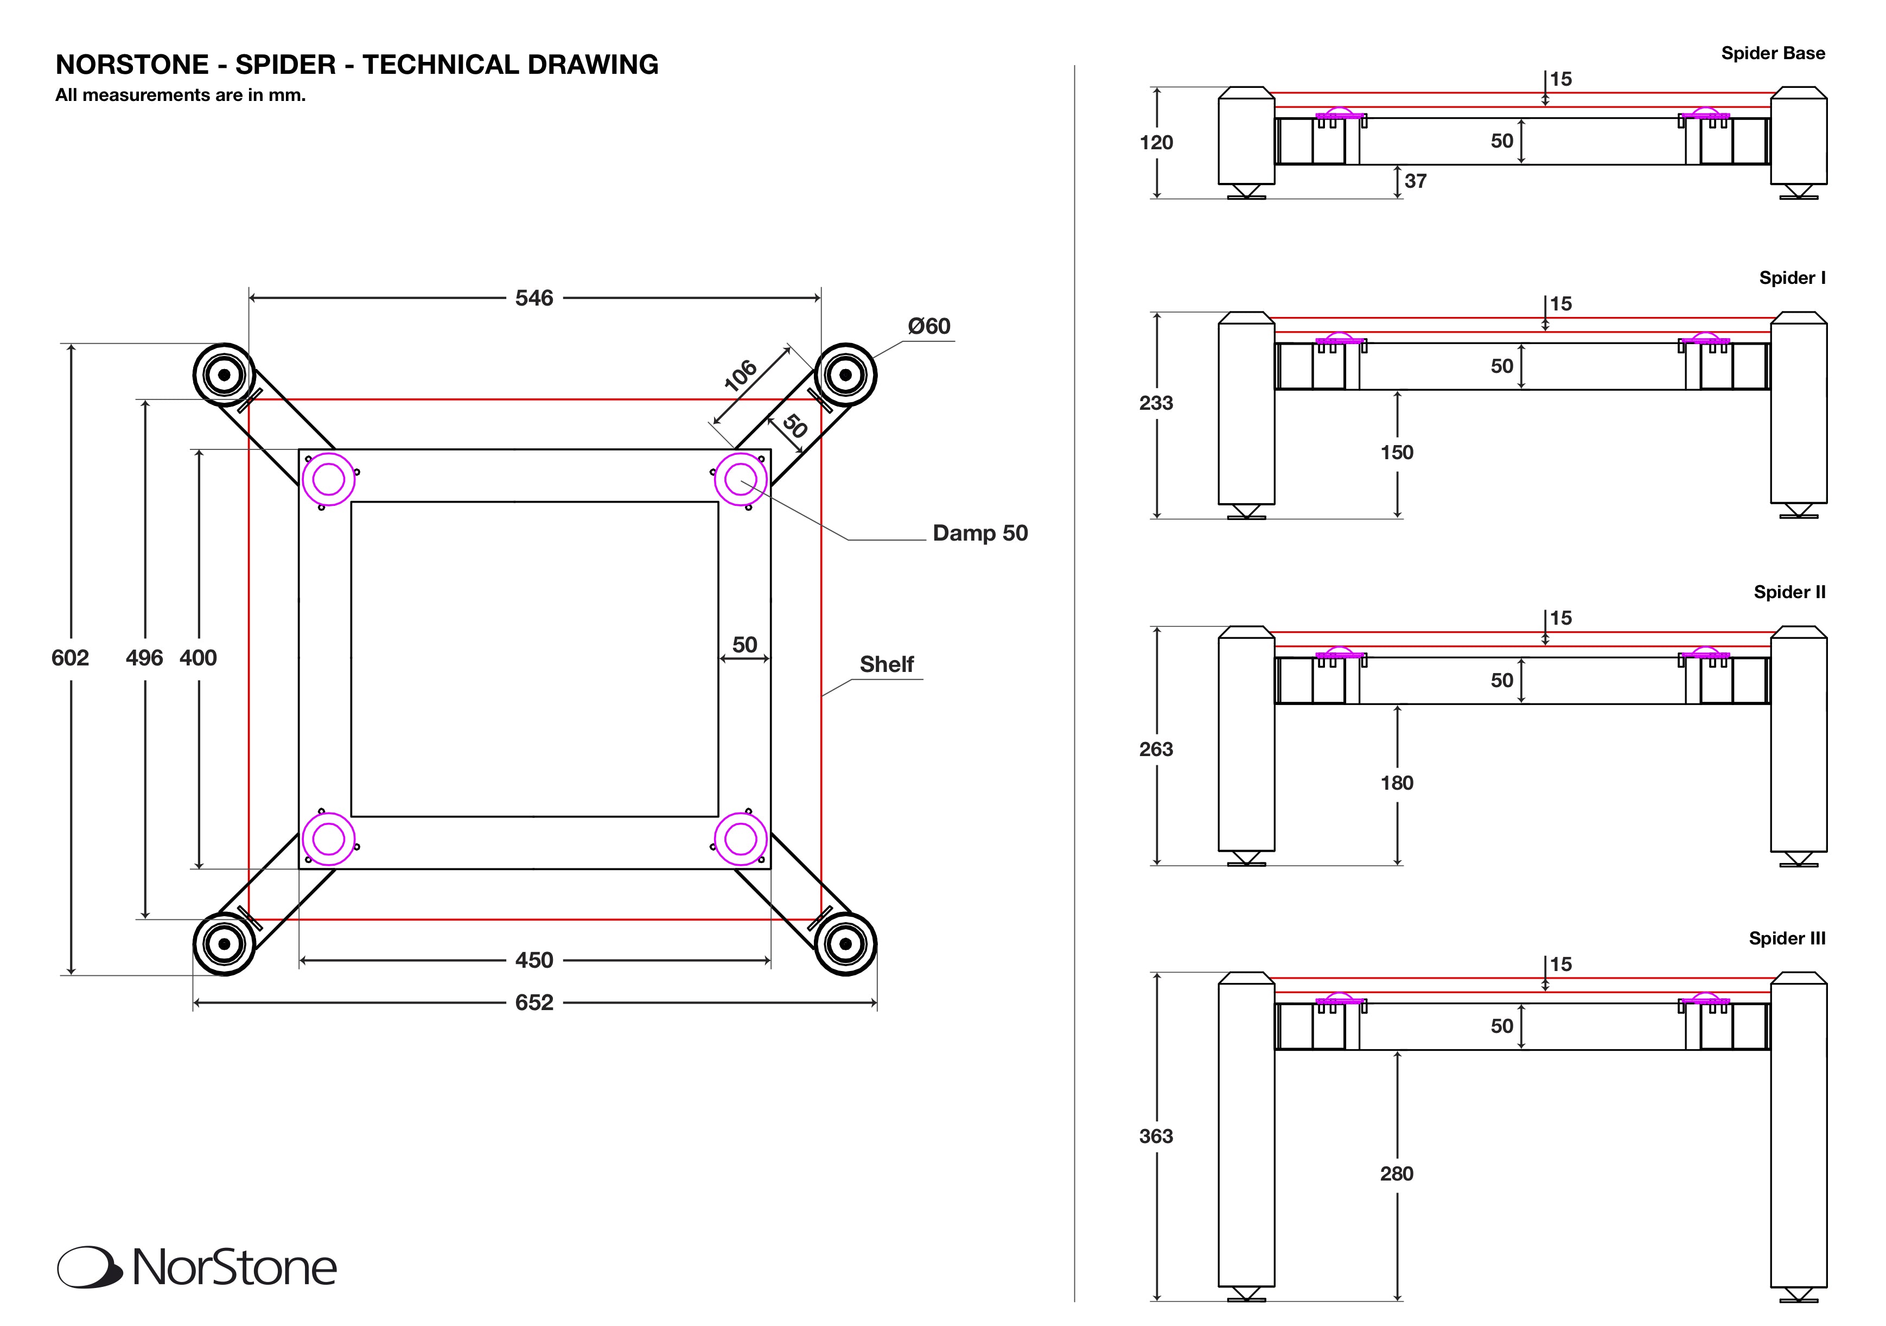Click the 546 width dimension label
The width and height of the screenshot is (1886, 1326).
click(534, 298)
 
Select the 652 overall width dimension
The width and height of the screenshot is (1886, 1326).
click(534, 1003)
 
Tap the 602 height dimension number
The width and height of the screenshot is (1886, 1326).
click(70, 657)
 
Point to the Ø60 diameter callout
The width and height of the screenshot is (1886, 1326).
click(928, 326)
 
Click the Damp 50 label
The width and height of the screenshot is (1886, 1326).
click(979, 533)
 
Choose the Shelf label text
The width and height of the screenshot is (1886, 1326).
click(887, 664)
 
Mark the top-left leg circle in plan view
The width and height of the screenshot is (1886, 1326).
click(224, 375)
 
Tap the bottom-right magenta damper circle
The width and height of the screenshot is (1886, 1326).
click(740, 839)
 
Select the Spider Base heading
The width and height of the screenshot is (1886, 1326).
click(1773, 53)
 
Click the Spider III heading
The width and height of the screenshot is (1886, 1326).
click(1787, 938)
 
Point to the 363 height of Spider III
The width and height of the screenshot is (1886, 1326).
click(1156, 1136)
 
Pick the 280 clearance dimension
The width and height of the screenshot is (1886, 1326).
click(1397, 1173)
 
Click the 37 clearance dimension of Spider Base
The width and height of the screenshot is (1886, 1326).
click(1416, 181)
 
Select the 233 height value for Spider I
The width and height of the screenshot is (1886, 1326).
click(1156, 403)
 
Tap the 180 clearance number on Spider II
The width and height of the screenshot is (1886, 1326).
click(1397, 783)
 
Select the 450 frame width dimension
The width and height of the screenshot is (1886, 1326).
click(534, 960)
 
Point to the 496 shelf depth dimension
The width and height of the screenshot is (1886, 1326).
click(144, 657)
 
